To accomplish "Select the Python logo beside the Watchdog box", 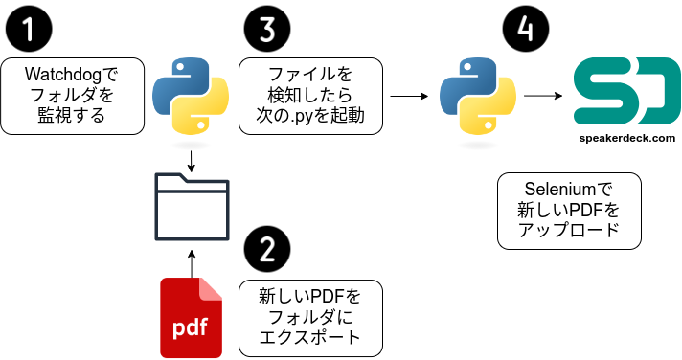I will pyautogui.click(x=191, y=96).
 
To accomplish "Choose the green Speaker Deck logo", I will pyautogui.click(x=626, y=91).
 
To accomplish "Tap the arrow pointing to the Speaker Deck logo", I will pyautogui.click(x=543, y=96).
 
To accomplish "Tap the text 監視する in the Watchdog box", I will pyautogui.click(x=72, y=117).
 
